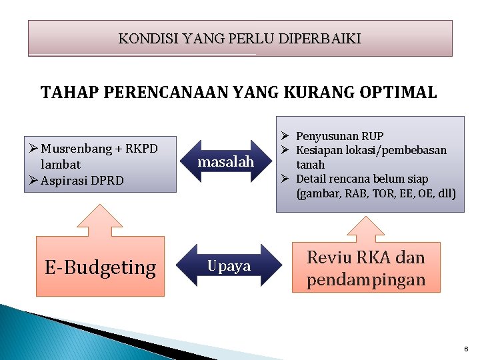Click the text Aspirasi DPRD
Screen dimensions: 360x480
tap(82, 180)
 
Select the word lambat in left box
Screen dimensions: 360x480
tap(60, 164)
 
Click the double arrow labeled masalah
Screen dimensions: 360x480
tap(226, 161)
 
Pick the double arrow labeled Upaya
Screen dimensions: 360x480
tap(228, 266)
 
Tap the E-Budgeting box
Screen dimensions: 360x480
tap(100, 267)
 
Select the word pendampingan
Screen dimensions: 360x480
tap(365, 279)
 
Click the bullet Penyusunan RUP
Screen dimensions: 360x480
tap(339, 136)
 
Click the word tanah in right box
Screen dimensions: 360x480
tap(310, 164)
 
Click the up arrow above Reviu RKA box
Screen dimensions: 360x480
tap(367, 227)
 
